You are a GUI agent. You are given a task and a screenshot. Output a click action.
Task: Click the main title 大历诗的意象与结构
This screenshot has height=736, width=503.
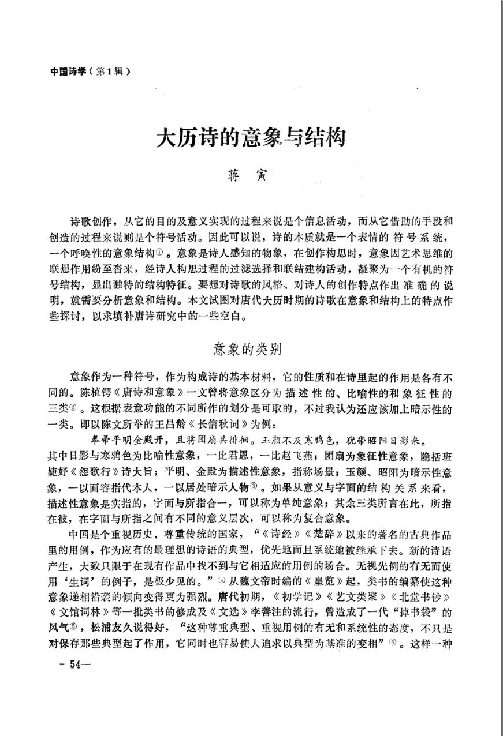251,139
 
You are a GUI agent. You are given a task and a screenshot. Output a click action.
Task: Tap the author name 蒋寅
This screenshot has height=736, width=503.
251,175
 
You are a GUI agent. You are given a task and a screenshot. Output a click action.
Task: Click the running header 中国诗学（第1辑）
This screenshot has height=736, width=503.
87,72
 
